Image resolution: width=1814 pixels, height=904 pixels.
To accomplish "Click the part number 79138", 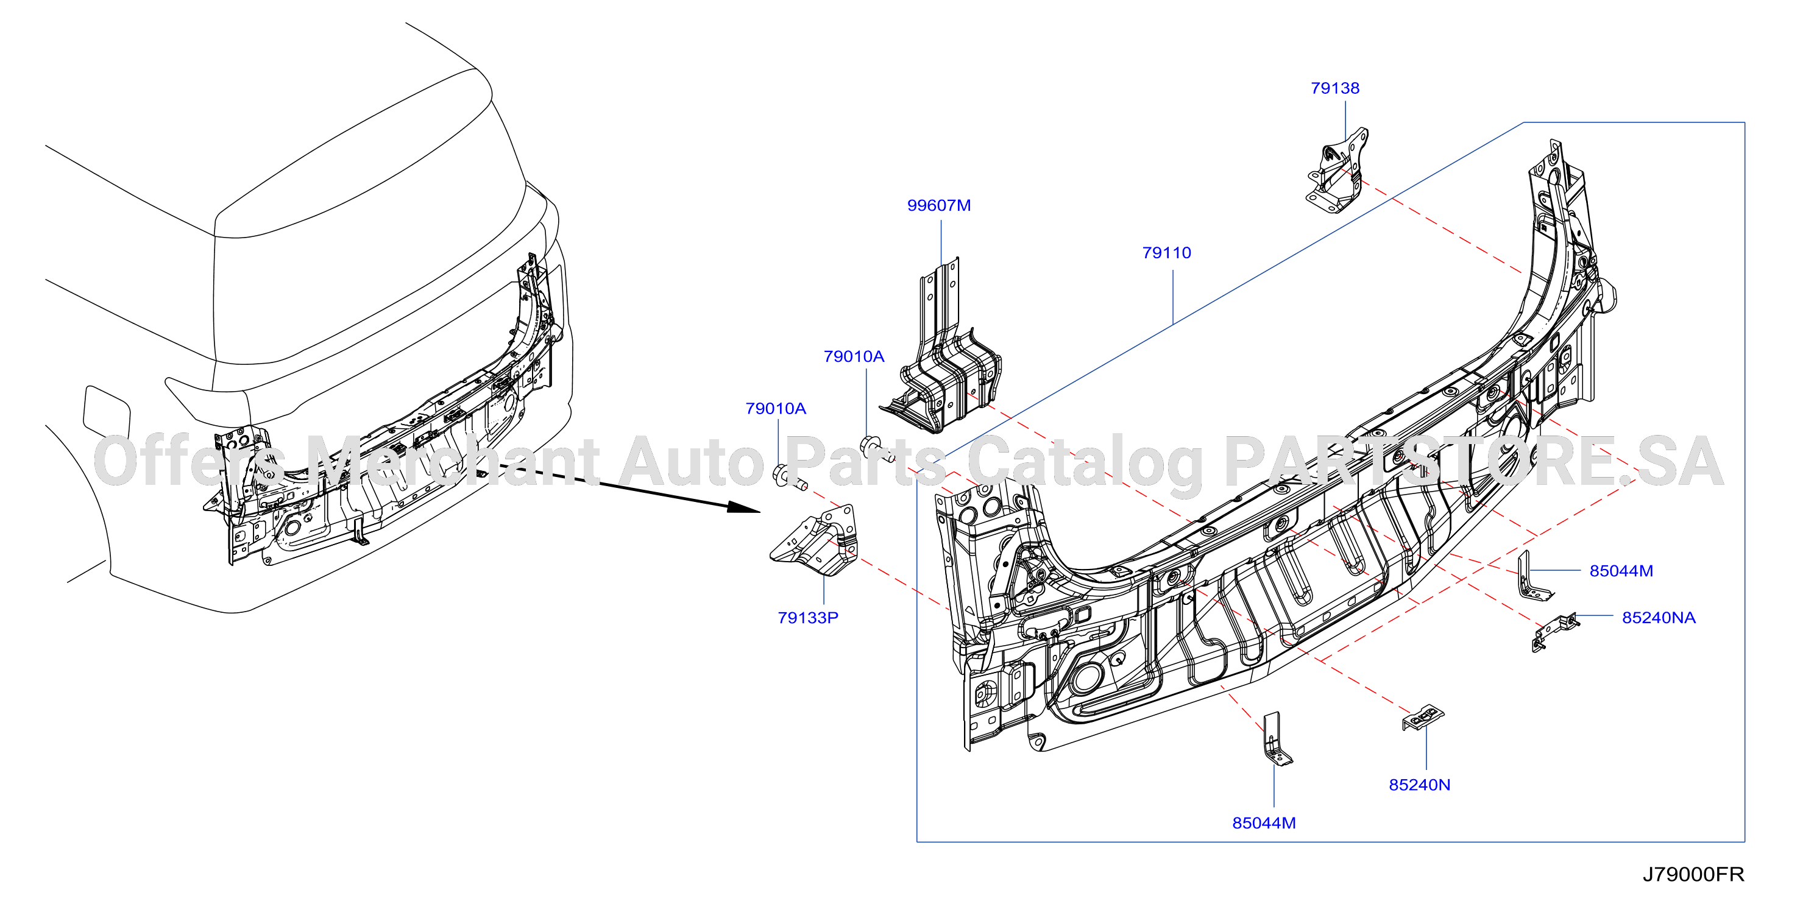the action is (1334, 88).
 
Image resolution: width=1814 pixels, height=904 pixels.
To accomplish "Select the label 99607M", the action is (939, 205).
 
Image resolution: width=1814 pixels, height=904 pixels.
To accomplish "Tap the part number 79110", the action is (1166, 253).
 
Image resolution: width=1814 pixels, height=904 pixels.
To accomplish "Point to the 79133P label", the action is (808, 618).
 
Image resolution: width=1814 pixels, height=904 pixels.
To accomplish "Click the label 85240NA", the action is (1659, 618).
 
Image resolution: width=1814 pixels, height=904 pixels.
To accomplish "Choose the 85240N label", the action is (1419, 785).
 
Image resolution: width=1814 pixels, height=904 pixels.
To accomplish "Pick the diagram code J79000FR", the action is (1693, 874).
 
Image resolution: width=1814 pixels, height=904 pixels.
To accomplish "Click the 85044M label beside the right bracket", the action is (1621, 571).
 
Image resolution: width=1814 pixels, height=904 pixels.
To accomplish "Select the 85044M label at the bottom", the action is (1263, 823).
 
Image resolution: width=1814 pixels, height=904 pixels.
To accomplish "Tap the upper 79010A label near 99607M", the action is (854, 356).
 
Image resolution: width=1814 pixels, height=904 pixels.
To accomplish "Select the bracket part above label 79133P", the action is (815, 541).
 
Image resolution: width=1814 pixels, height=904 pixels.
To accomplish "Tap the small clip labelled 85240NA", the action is (1555, 632).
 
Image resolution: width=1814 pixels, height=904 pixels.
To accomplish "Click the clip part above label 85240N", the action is (1422, 718).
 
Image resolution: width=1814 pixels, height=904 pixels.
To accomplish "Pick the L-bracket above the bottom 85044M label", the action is (1276, 740).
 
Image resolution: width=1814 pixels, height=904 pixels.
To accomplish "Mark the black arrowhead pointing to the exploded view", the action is (745, 507).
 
